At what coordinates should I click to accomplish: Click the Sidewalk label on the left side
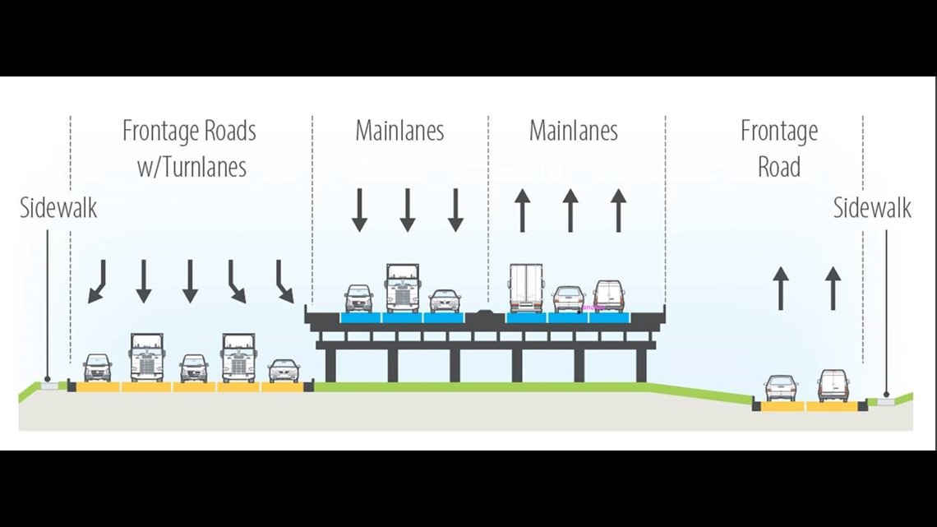58,208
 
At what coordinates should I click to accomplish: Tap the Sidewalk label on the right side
872,208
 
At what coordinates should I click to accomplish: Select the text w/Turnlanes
192,167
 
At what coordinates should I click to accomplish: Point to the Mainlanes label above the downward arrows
399,131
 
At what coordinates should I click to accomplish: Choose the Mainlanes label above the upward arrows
574,131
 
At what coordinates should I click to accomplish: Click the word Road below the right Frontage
779,167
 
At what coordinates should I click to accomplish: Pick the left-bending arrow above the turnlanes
98,281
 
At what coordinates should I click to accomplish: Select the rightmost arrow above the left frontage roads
284,281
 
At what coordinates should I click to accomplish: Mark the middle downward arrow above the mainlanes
408,210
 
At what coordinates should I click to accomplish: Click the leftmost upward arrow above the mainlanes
522,210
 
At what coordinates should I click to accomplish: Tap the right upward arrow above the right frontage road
833,288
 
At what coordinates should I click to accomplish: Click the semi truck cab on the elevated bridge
403,288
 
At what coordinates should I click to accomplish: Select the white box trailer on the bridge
526,288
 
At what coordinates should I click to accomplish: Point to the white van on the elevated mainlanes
609,296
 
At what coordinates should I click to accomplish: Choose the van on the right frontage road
833,386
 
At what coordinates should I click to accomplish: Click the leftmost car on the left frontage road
98,368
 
